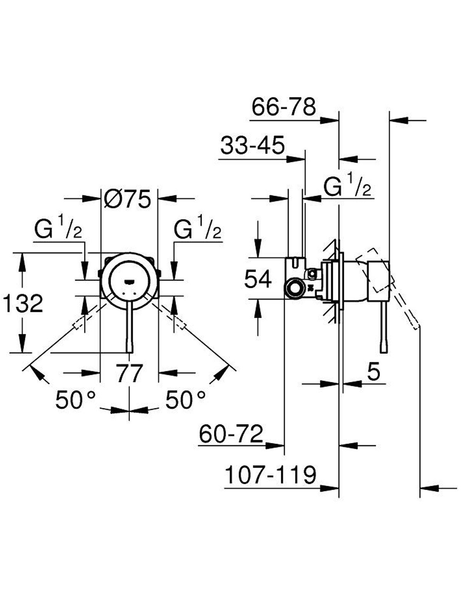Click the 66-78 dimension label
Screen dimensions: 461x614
pos(284,107)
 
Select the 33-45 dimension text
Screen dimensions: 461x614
pos(252,145)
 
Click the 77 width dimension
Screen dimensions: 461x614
pos(129,373)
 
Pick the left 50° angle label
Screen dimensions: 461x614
pos(76,399)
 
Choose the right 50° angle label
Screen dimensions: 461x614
pos(185,399)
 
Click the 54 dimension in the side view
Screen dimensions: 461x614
pos(258,279)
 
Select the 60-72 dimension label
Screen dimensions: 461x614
pos(231,434)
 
